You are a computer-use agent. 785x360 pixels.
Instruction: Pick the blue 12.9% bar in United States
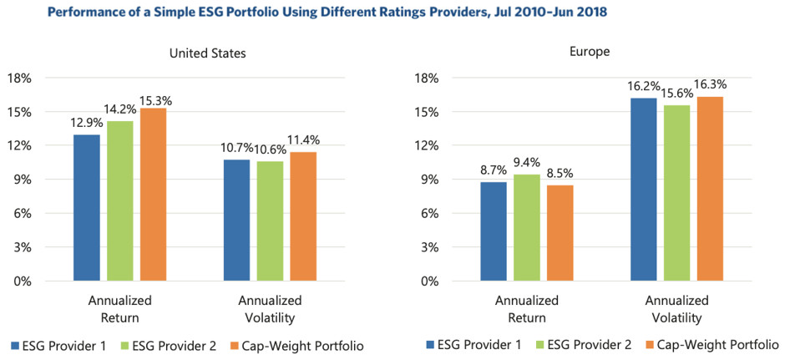tap(87, 208)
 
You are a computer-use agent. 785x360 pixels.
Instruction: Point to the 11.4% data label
tap(304, 139)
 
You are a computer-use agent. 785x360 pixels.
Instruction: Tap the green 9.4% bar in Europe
tap(526, 227)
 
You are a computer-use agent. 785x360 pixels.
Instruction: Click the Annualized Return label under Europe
tap(526, 308)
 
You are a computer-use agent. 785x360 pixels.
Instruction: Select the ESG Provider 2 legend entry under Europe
tap(590, 344)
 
